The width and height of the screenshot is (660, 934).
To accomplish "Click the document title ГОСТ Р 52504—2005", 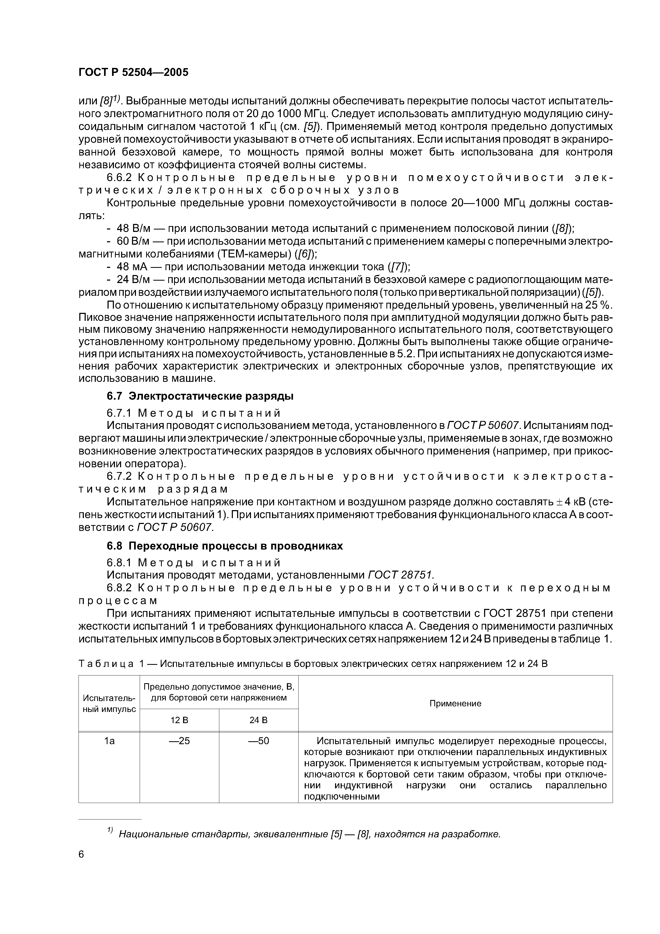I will click(x=133, y=72).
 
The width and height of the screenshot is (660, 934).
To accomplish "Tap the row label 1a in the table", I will click(x=109, y=741).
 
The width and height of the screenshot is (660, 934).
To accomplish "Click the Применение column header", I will click(x=455, y=703).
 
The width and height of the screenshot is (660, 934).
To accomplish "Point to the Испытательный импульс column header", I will click(x=109, y=703).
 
